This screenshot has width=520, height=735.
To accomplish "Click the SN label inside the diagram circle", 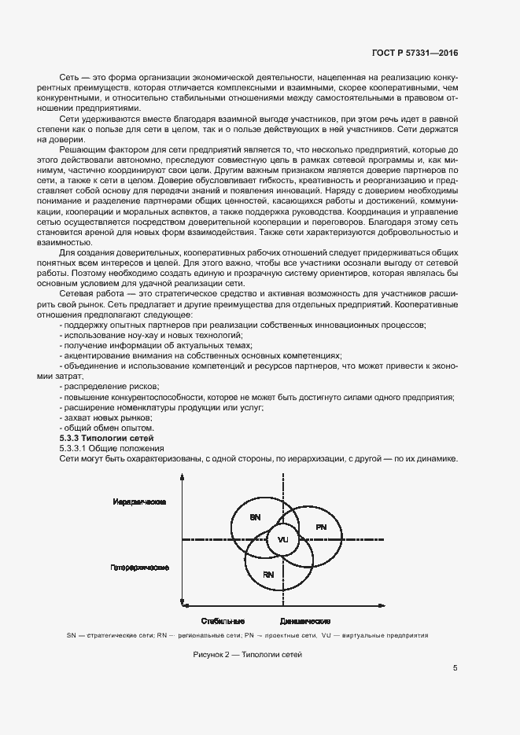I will (x=255, y=518).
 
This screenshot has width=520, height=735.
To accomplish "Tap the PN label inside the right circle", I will (x=321, y=527).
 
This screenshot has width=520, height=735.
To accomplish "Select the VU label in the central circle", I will (x=283, y=540).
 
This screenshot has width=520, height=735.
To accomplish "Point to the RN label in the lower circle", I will (x=268, y=575).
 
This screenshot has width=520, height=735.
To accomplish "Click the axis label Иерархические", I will (x=139, y=501).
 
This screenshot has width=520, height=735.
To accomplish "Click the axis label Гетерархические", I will (x=138, y=566).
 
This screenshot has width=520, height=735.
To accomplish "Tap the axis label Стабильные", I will (x=223, y=620).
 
